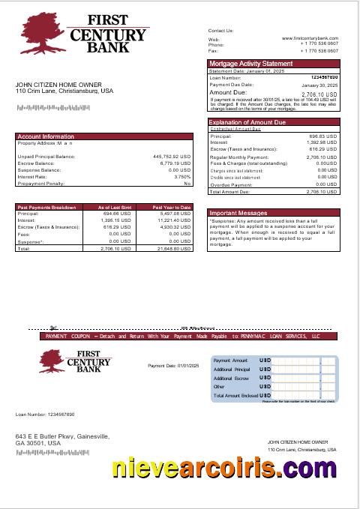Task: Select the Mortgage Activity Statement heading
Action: pos(250,64)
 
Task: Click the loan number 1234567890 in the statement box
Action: pos(324,77)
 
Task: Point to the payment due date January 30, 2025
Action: pos(320,86)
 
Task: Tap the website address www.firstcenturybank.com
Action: pos(310,38)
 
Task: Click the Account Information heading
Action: pos(46,136)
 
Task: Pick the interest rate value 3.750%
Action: pos(182,176)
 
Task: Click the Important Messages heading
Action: pos(238,213)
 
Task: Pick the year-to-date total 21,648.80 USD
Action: pos(175,248)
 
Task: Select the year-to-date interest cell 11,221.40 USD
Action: pos(174,220)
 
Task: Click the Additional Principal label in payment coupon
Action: pos(232,370)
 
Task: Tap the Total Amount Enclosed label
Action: pos(235,395)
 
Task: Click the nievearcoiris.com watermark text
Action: pos(224,469)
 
